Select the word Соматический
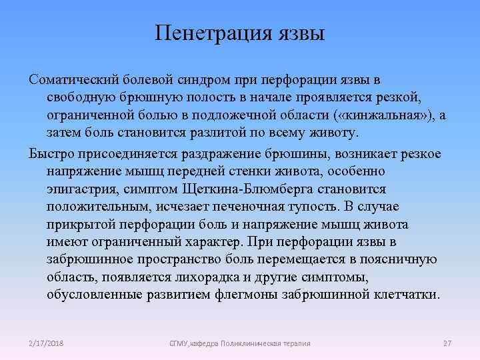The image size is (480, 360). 72,79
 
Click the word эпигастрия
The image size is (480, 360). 80,189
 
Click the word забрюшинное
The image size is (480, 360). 88,258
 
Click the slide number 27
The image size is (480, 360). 447,343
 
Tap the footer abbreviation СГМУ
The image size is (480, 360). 179,343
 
